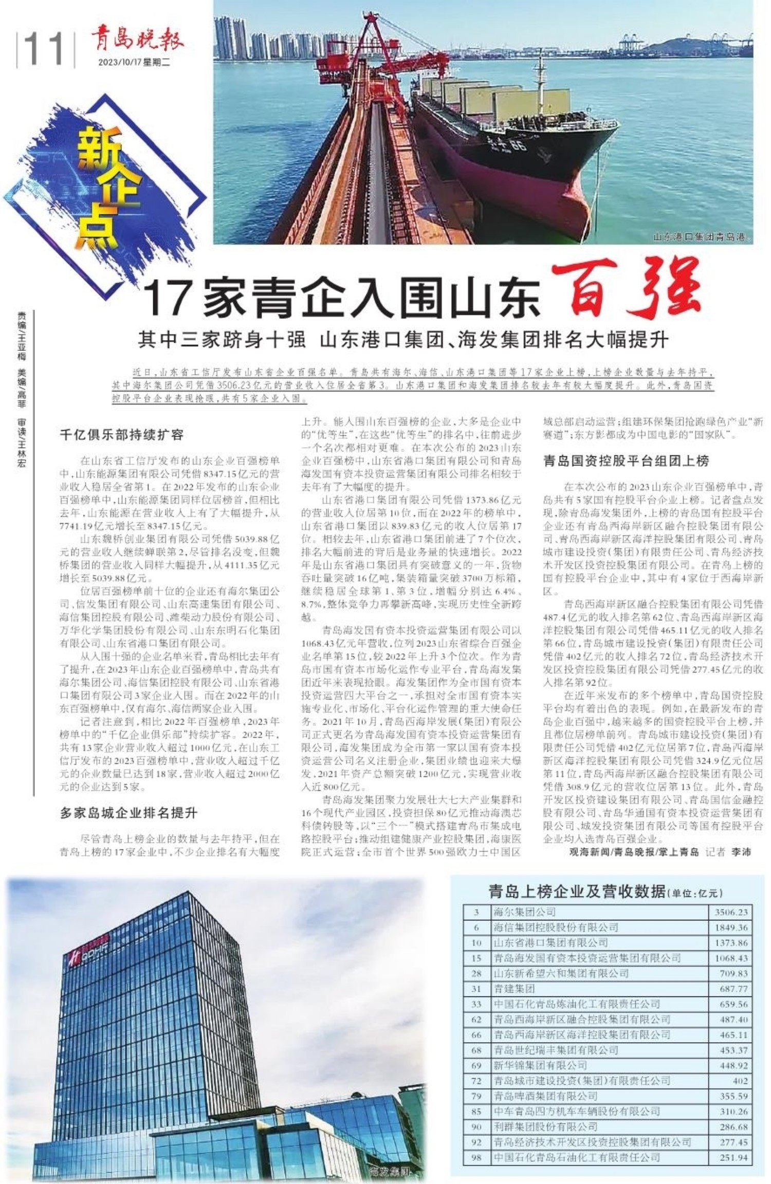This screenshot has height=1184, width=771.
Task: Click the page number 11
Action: [x=44, y=49]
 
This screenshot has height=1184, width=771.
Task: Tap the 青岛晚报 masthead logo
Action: [x=137, y=40]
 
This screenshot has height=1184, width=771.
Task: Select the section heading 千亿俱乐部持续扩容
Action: [x=122, y=435]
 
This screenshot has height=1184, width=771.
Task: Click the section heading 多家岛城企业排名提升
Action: [x=128, y=812]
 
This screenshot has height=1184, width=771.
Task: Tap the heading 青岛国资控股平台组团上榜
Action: [x=626, y=461]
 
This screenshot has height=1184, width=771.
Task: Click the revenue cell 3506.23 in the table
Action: [x=730, y=913]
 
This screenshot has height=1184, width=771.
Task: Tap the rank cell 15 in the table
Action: [x=476, y=958]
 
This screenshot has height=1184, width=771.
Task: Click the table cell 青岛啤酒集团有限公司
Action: [x=545, y=1096]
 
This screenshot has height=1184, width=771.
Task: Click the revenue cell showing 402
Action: [x=740, y=1081]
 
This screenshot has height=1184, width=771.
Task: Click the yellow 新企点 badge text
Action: [x=108, y=190]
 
